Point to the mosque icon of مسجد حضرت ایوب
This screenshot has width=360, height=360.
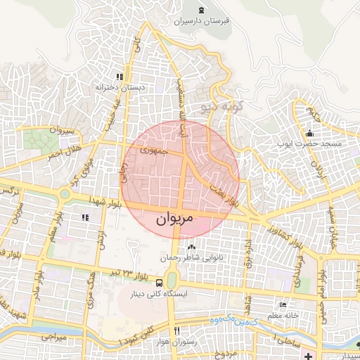310,134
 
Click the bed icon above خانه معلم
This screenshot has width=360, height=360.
283,305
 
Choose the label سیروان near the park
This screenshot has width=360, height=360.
58,130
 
